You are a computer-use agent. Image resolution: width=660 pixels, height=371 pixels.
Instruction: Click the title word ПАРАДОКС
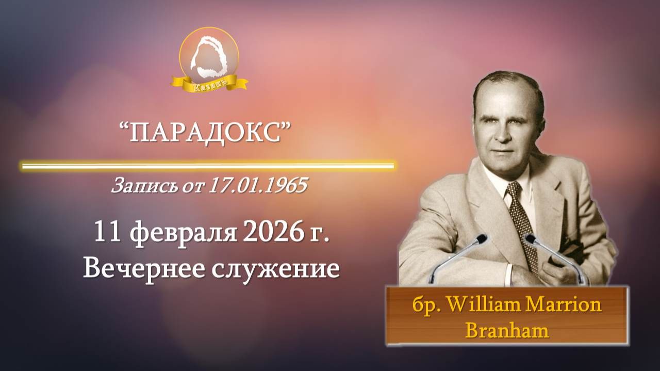click(x=206, y=134)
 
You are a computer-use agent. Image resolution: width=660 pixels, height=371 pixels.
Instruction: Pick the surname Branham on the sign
click(x=507, y=329)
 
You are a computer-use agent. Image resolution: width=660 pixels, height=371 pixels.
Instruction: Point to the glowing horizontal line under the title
click(x=208, y=166)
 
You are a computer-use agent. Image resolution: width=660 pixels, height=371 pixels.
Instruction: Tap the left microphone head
click(x=482, y=238)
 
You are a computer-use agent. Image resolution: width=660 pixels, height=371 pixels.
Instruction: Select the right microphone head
click(x=530, y=238)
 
